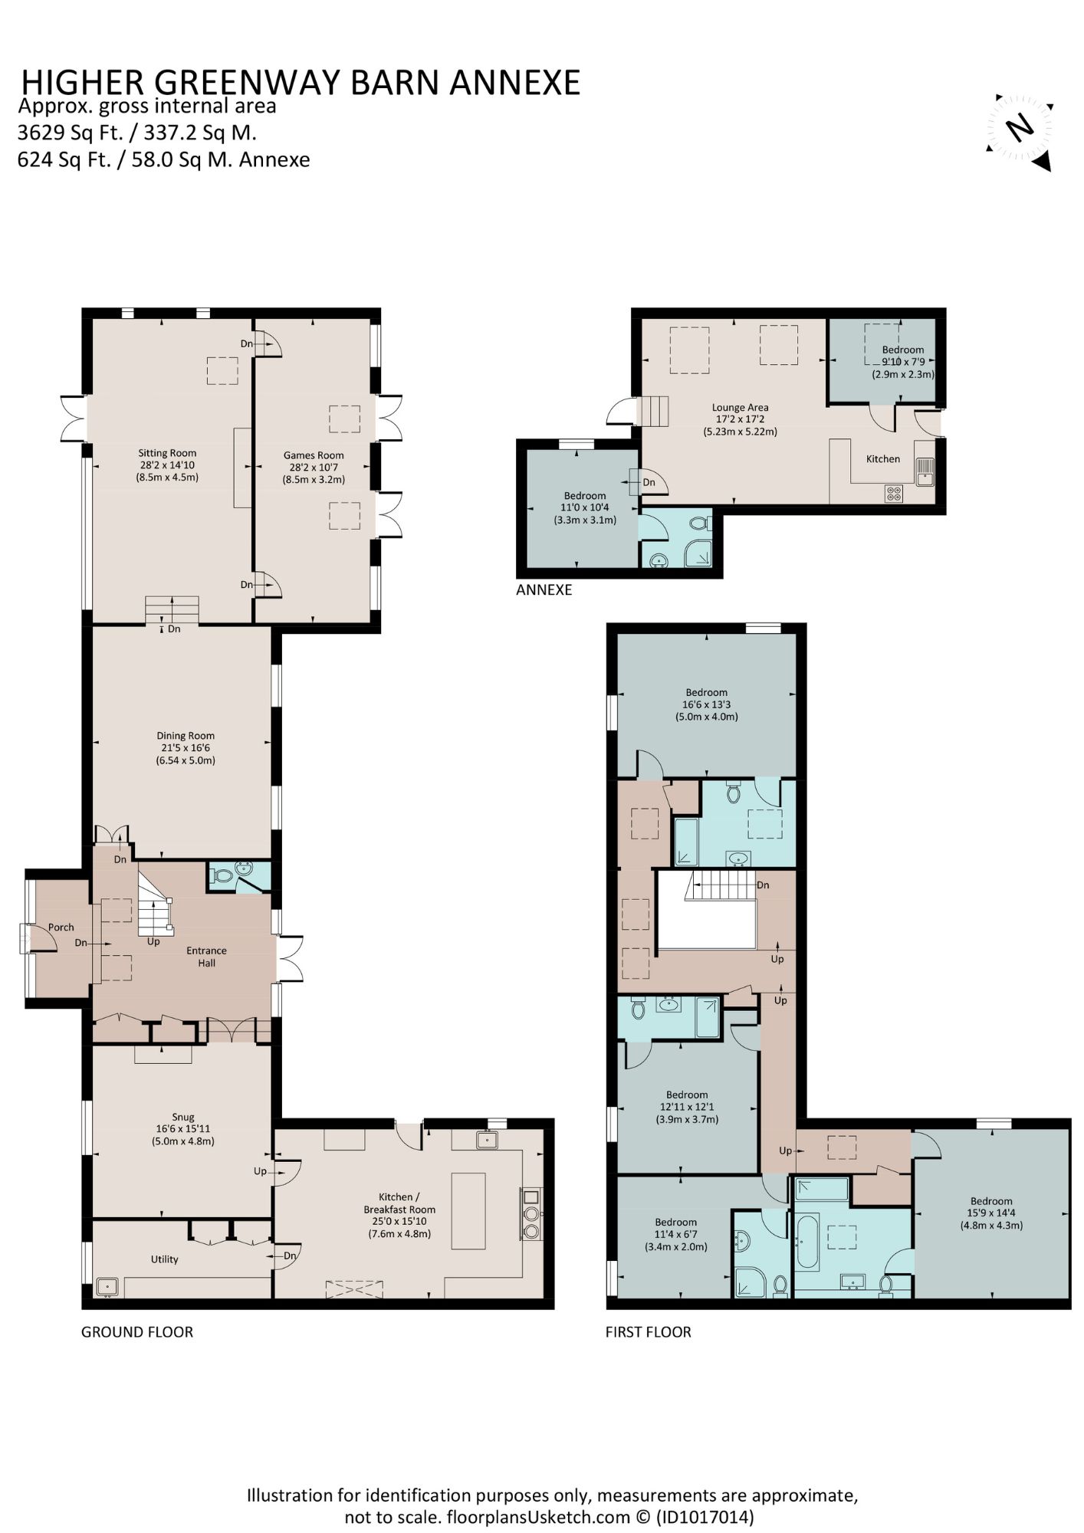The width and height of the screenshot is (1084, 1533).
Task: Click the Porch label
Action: [x=61, y=927]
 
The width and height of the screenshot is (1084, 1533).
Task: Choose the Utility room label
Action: [x=164, y=1259]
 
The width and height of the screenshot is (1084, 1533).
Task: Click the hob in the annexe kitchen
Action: [x=894, y=494]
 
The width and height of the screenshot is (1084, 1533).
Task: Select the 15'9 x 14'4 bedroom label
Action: [x=991, y=1213]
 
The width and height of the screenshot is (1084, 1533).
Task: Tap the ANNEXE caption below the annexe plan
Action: [x=544, y=590]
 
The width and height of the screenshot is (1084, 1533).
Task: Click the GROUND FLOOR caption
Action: [x=137, y=1332]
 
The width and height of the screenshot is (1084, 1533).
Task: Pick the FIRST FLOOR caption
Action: [x=649, y=1332]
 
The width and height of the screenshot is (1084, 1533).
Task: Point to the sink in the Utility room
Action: [x=107, y=1285]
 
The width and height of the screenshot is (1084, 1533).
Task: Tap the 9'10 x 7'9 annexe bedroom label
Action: [x=903, y=363]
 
